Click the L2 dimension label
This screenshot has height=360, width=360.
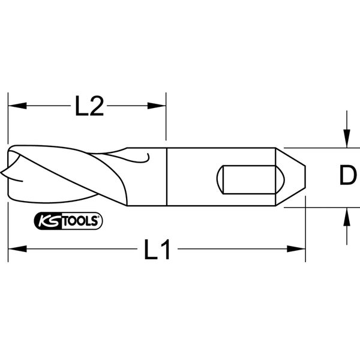[x=89, y=107]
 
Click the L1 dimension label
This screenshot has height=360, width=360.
[x=158, y=249]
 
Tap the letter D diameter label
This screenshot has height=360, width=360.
[x=347, y=176]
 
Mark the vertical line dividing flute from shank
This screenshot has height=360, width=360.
[x=166, y=177]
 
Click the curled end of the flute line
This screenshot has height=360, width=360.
[x=146, y=157]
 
